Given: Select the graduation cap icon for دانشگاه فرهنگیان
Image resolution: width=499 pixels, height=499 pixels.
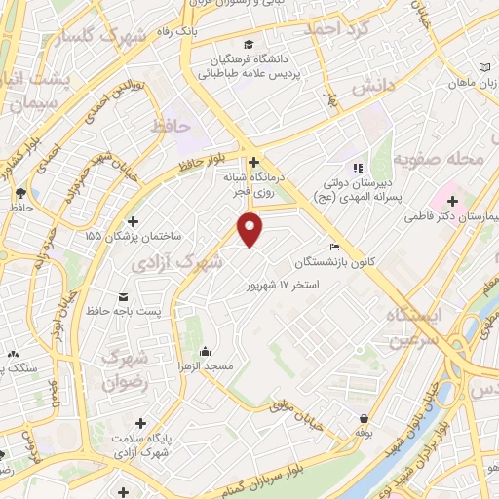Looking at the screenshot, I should [249, 44].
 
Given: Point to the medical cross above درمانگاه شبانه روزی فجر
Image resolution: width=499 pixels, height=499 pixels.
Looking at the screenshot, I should [253, 162].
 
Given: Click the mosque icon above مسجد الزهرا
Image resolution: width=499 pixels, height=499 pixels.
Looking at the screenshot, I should [205, 351].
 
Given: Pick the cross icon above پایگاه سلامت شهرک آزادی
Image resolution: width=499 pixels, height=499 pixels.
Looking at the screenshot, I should [142, 423].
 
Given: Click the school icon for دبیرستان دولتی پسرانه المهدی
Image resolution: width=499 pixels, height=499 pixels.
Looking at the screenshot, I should [357, 167].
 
